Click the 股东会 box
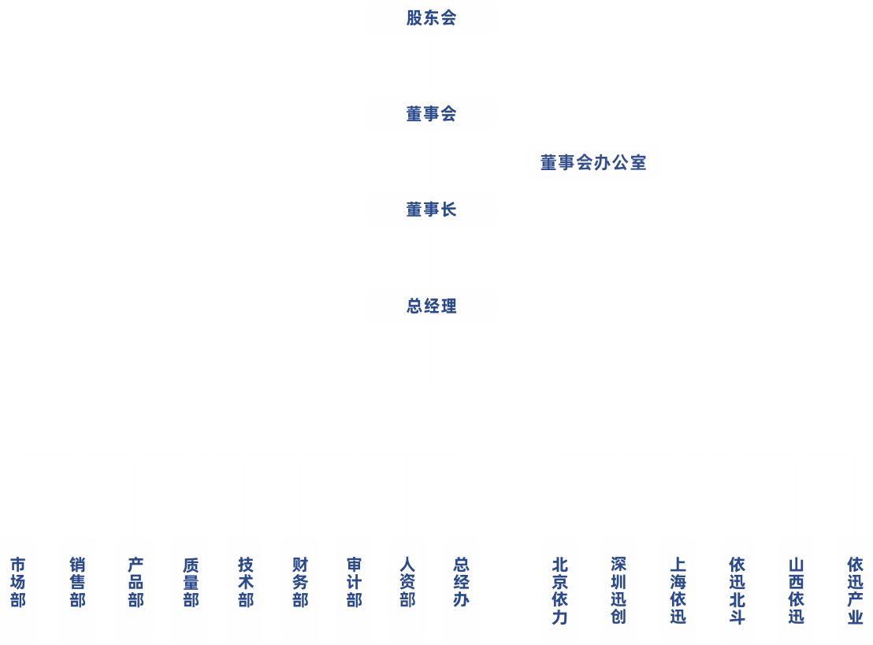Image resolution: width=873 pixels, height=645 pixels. pyautogui.click(x=431, y=18)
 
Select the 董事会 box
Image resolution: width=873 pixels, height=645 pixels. pyautogui.click(x=431, y=114)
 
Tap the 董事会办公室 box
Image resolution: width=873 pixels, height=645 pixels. pyautogui.click(x=593, y=163)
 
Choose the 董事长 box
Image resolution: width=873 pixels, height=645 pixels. pyautogui.click(x=431, y=209)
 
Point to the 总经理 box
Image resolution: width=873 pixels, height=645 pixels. pyautogui.click(x=431, y=306)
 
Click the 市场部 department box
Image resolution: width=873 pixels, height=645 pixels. pyautogui.click(x=18, y=583)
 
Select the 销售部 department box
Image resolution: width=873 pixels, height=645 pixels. pyautogui.click(x=77, y=583)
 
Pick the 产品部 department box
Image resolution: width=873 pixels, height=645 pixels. pyautogui.click(x=136, y=583)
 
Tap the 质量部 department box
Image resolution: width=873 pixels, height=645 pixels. pyautogui.click(x=191, y=583)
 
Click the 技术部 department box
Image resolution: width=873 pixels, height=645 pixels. pyautogui.click(x=245, y=583)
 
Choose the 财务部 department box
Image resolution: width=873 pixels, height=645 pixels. pyautogui.click(x=300, y=583)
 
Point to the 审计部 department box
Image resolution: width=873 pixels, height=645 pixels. pyautogui.click(x=355, y=583)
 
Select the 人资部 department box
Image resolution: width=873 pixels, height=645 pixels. pyautogui.click(x=407, y=583)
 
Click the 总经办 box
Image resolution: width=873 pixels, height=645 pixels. pyautogui.click(x=461, y=583)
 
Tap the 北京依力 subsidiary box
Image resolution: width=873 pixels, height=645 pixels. pyautogui.click(x=559, y=591)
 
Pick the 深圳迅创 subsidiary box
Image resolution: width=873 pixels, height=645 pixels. pyautogui.click(x=619, y=591)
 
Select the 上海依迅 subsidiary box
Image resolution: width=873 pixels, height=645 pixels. pyautogui.click(x=678, y=591)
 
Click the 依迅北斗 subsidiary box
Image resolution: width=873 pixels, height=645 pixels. pyautogui.click(x=737, y=591)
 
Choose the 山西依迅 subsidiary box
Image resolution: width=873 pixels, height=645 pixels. pyautogui.click(x=796, y=591)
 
